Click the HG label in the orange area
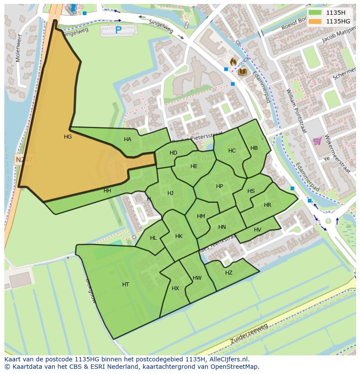[68, 137]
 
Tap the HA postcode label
[127, 139]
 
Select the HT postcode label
[126, 285]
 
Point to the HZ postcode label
[229, 273]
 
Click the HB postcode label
[254, 148]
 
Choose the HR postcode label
[267, 205]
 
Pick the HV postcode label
[257, 230]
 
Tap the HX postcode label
[175, 288]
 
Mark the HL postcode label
[153, 238]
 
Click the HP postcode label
[220, 186]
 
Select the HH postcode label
[107, 191]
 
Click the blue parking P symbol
[118, 30]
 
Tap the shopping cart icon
[317, 141]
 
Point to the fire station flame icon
[233, 62]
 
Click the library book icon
[242, 71]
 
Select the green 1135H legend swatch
[316, 12]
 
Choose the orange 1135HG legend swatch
[316, 21]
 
